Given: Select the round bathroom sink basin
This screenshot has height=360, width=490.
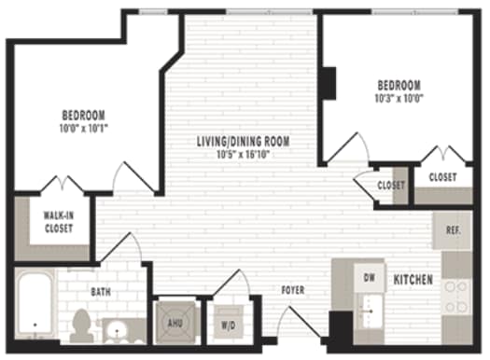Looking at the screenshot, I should coord(119,328).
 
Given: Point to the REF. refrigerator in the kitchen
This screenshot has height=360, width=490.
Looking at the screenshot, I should coord(452,229).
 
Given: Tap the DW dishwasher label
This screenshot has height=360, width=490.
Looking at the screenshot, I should coord(369,278).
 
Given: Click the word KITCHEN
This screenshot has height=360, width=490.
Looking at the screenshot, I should coord(412,280).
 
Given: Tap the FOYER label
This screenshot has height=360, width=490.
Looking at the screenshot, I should coord(293,290).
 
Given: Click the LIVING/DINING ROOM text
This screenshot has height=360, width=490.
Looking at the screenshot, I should coord(243,142).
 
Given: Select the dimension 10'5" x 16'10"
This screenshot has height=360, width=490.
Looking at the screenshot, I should coord(243,155).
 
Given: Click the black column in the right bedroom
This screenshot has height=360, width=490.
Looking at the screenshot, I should coord(329,85).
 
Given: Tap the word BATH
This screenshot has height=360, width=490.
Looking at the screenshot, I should coord(101,292).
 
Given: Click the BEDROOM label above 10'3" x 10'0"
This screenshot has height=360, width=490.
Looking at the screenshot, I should coord(398,84).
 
